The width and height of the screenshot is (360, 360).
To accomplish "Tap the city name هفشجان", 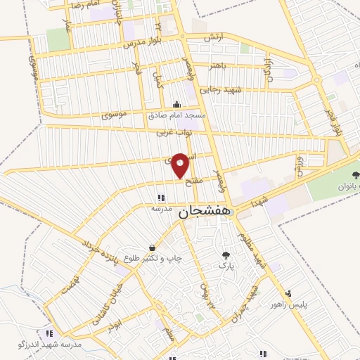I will click(x=207, y=211).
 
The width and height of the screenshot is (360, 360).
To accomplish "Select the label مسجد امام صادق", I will click(x=176, y=114).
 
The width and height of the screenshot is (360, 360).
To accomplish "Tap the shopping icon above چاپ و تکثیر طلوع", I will click(x=153, y=247).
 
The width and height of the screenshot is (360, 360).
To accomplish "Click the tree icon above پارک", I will click(x=226, y=255).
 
